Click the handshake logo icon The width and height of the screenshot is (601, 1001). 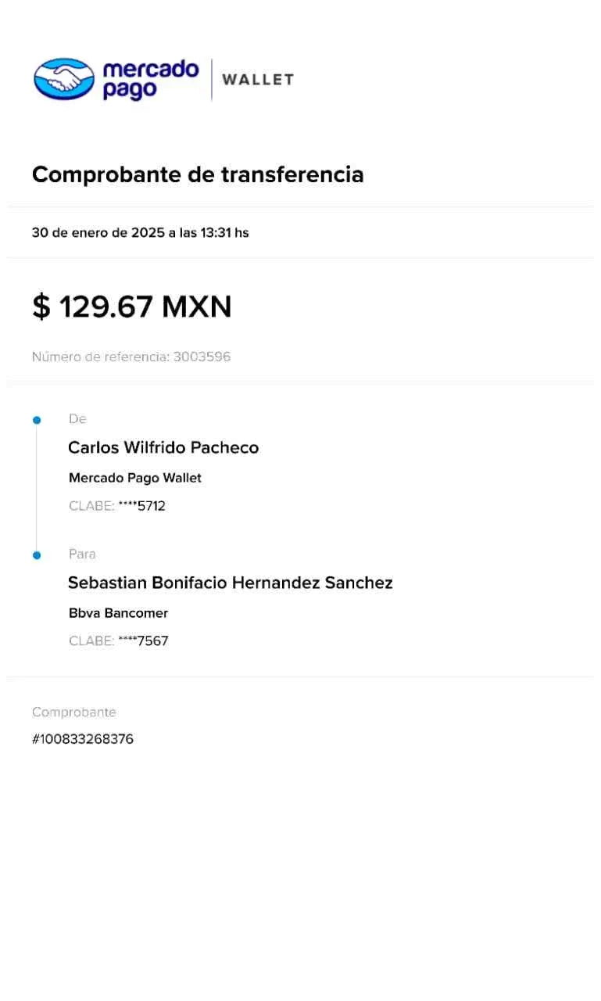pos(64,79)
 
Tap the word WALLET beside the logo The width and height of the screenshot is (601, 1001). pos(258,80)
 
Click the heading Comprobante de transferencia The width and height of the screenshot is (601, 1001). pos(198,174)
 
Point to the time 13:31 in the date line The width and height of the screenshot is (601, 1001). pos(216,233)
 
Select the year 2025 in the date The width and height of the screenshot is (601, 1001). pos(148,233)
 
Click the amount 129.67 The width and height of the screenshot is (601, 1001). pos(106,307)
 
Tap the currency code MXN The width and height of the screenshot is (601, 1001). pos(197,307)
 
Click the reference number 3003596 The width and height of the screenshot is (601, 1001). pos(202,357)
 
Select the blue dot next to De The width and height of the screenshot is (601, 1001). pos(37,420)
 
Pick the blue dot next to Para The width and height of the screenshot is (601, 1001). pos(37,555)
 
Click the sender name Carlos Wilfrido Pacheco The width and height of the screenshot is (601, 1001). pos(163,448)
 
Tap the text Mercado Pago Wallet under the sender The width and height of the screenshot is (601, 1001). pos(135,478)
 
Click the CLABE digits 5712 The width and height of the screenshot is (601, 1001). pos(152,506)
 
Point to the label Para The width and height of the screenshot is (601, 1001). pos(82,554)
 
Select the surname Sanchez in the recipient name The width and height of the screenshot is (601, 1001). pos(359,583)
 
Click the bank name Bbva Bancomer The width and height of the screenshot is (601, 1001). pos(118,613)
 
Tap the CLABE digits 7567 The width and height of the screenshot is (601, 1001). pos(152,640)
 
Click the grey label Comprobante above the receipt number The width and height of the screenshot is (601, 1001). pos(74,712)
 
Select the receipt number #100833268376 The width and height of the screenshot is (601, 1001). pos(83,739)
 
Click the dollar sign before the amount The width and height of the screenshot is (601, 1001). pos(41,307)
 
